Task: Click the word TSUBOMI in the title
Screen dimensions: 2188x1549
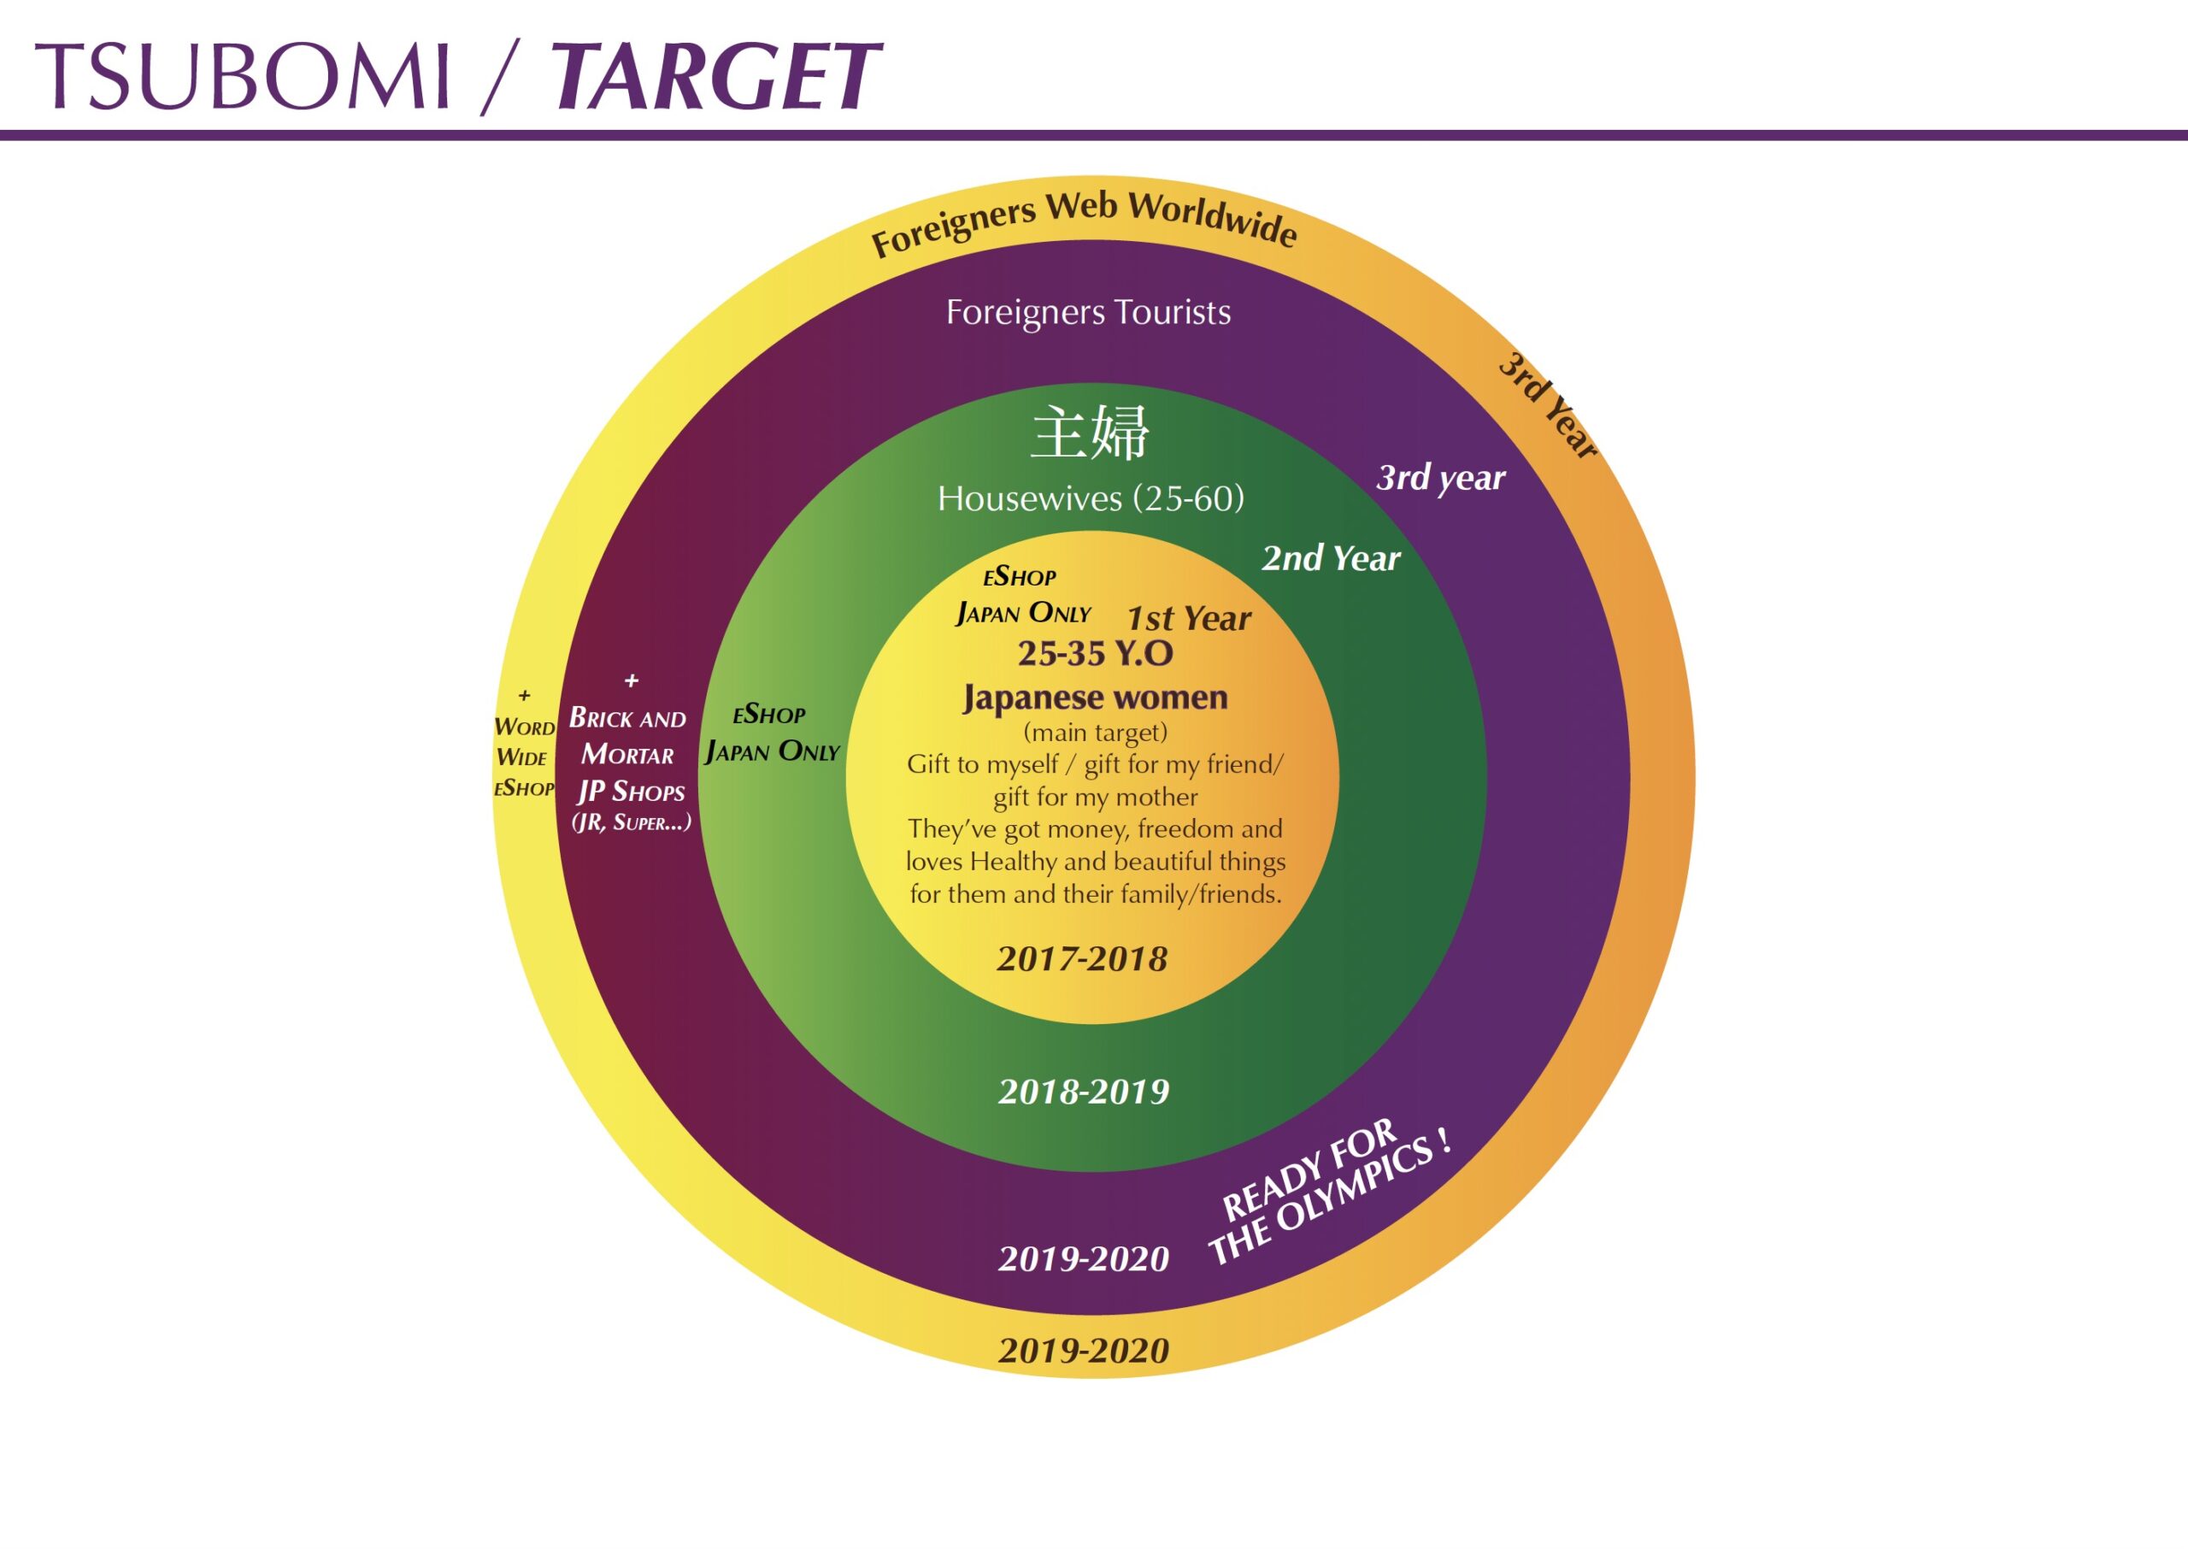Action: tap(242, 76)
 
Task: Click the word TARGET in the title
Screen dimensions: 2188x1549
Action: tap(715, 76)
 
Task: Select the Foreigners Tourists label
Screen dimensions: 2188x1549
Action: tap(1088, 312)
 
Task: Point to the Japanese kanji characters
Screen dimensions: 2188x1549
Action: tap(1090, 433)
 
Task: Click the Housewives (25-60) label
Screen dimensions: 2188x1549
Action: tap(1091, 498)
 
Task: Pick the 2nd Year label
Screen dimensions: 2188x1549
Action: tap(1331, 558)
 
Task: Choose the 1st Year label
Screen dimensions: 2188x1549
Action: tap(1188, 618)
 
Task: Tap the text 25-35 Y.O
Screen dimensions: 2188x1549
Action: tap(1095, 653)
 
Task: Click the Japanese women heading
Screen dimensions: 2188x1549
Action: tap(1095, 698)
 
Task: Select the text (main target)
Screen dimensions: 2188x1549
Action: tap(1095, 733)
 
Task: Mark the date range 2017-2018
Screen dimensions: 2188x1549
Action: tap(1082, 959)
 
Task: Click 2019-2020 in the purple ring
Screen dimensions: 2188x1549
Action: tap(1083, 1259)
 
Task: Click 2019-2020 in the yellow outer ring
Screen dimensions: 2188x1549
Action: tap(1083, 1351)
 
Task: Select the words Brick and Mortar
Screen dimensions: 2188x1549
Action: tap(627, 736)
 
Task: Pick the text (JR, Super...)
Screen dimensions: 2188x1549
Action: tap(631, 822)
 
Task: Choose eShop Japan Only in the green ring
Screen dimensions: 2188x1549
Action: tap(771, 733)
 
